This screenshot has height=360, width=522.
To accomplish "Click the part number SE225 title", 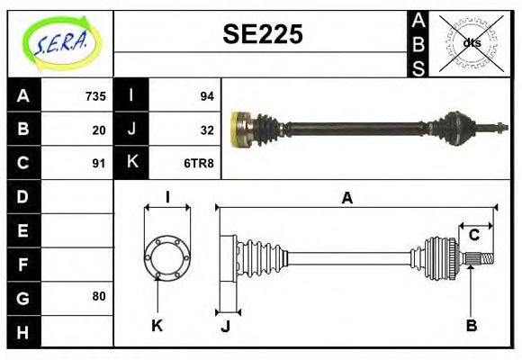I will [262, 35].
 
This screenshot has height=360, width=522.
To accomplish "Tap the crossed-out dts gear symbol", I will [471, 42].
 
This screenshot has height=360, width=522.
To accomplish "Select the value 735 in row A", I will [95, 95].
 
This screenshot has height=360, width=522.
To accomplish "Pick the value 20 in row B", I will [98, 130].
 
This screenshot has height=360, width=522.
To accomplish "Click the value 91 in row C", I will [98, 163].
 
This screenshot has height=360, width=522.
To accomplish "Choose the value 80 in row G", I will [98, 296].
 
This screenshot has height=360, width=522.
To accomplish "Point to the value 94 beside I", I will [206, 95].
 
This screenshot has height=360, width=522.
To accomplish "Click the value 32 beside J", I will [206, 130].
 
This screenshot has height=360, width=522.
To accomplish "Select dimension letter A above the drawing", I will [346, 198].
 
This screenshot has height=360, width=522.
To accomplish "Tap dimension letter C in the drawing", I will [473, 235].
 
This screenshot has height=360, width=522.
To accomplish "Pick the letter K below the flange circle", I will [157, 325].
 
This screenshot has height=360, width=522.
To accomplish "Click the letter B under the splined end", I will [470, 325].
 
